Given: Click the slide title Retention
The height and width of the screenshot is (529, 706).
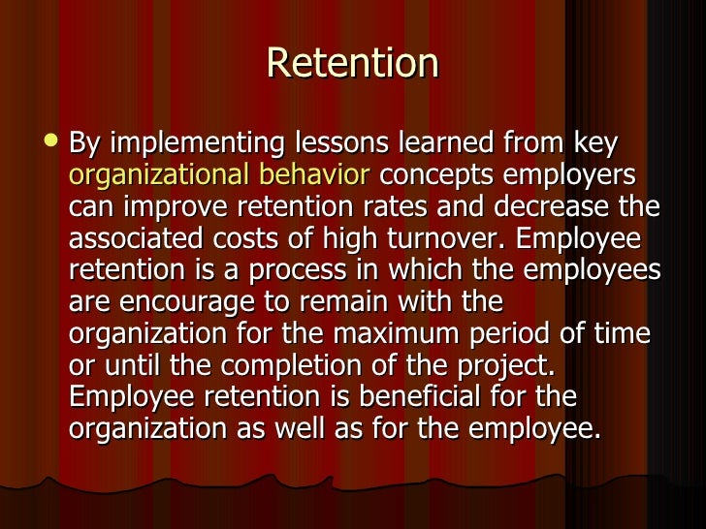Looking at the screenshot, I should (353, 64).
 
